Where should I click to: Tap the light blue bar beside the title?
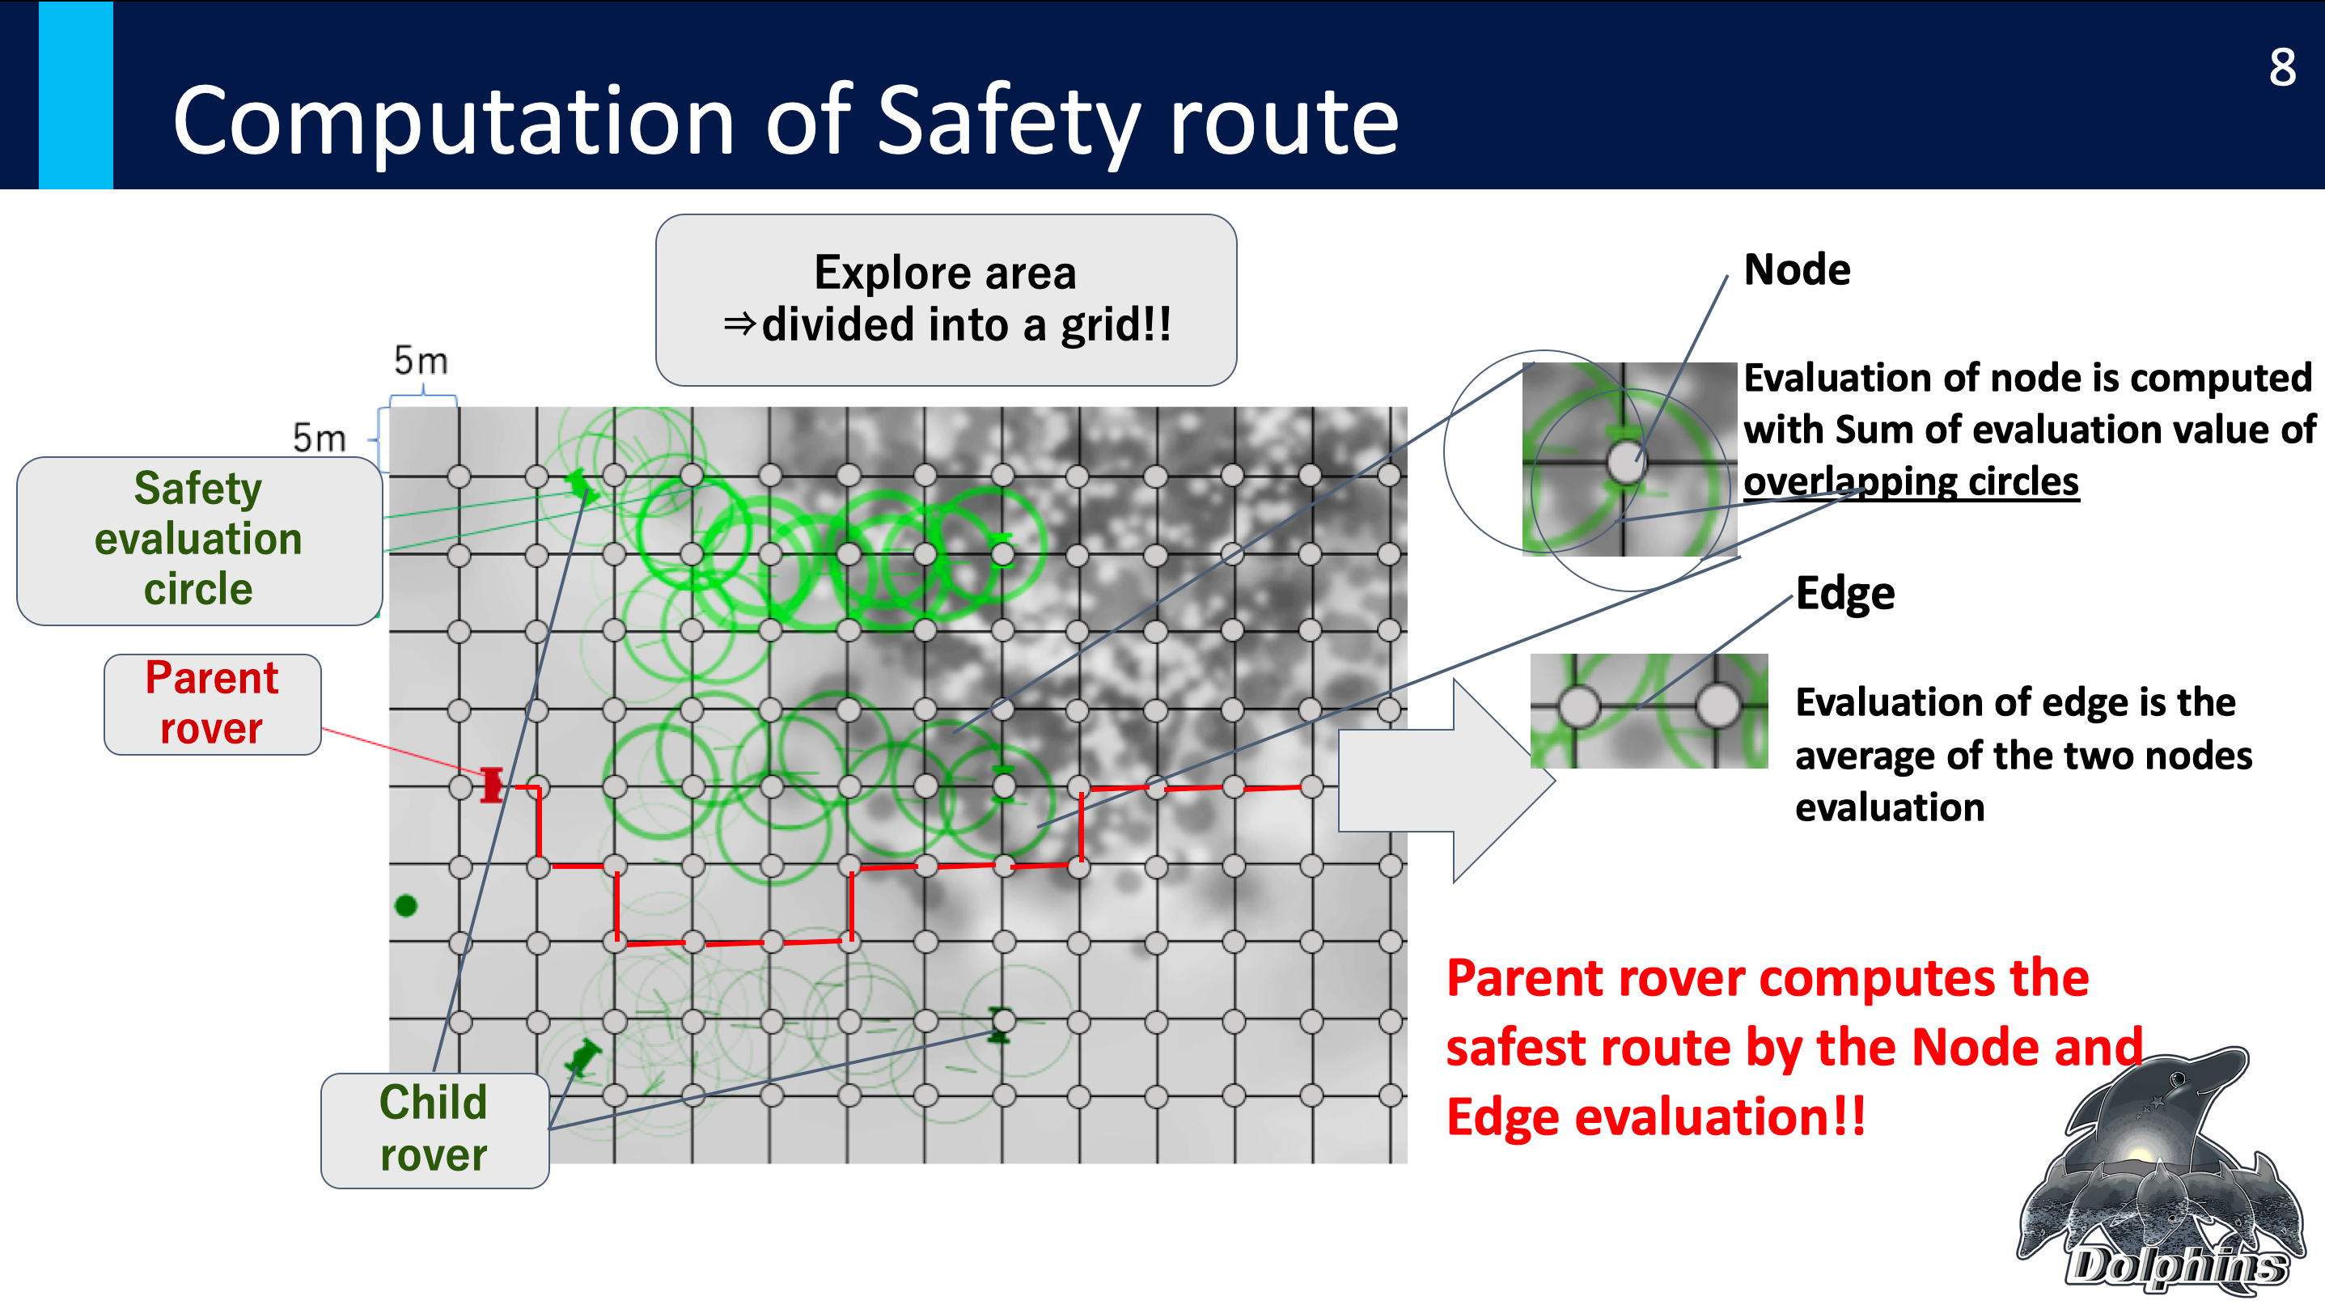pos(76,94)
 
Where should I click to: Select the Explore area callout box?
pos(946,299)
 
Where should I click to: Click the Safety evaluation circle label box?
pos(200,540)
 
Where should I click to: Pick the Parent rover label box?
pos(212,704)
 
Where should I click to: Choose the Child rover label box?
pos(434,1129)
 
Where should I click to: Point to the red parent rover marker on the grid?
pos(492,785)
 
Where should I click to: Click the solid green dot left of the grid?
pos(406,904)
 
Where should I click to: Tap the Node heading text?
pos(1796,270)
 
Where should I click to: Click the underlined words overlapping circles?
pos(1911,481)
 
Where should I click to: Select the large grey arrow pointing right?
pos(1446,780)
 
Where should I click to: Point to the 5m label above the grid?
pos(421,361)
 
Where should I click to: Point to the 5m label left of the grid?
pos(320,438)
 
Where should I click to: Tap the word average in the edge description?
pos(1864,756)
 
